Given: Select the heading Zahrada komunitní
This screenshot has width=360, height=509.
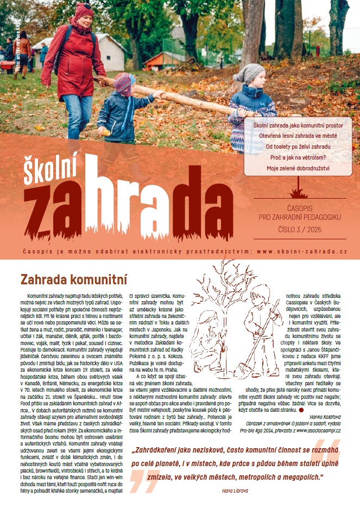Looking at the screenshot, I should tap(73, 280).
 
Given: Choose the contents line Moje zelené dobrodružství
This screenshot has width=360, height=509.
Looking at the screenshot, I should tap(298, 168).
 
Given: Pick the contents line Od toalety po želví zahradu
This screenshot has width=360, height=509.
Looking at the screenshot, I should tap(298, 147).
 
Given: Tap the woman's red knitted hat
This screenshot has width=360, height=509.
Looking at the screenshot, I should tap(84, 10).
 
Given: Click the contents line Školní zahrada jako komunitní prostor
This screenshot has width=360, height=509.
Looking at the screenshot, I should tap(298, 125).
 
